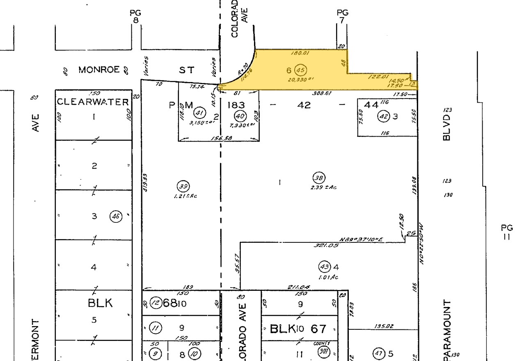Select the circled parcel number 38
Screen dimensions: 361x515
[318, 178]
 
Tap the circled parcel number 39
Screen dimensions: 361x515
[183, 186]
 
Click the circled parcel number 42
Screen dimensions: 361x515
[383, 116]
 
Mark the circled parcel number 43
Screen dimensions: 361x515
[324, 267]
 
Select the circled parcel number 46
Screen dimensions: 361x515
[116, 216]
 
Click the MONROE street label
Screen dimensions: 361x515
[100, 70]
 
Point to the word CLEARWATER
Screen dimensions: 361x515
[93, 102]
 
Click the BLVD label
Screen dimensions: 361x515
[447, 127]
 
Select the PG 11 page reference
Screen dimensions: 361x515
[507, 232]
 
